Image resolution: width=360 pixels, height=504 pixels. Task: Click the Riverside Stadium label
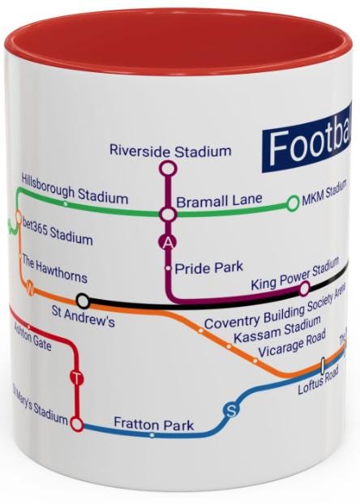point(169,151)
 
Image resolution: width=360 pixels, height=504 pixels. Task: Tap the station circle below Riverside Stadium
point(168,169)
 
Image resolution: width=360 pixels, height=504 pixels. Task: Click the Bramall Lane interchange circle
point(168,214)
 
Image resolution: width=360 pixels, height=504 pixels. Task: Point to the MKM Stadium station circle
point(293,203)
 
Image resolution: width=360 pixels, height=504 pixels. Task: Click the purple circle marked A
point(168,241)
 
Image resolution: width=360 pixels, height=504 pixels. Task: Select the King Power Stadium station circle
point(305,288)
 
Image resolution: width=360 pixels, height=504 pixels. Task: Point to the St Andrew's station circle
point(82,301)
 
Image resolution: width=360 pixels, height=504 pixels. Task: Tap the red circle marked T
point(77,378)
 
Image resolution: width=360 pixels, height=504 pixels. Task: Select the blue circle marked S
point(231,411)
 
